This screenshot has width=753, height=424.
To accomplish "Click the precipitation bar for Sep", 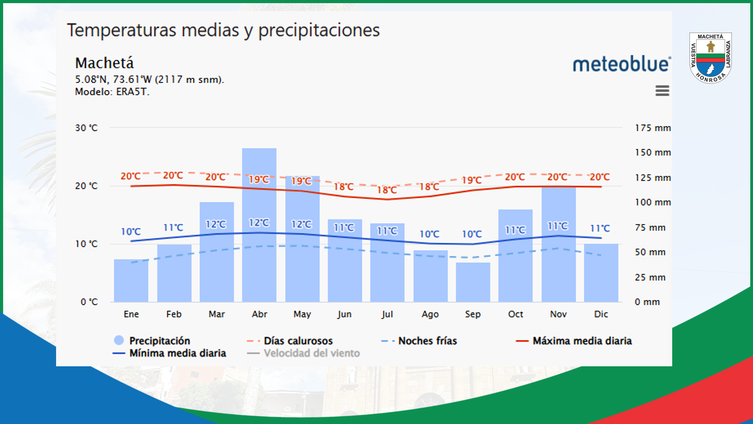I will [473, 283].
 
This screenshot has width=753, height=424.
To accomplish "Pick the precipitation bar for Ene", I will [131, 281].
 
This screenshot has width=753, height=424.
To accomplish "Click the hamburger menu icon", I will [662, 91].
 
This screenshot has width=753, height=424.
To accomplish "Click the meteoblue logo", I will [622, 64].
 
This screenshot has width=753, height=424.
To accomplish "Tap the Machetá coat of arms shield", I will [710, 58].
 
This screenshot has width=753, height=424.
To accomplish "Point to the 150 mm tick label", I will [653, 152].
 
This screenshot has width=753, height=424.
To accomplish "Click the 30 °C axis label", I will [86, 128].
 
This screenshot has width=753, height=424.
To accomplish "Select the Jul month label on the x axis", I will [387, 314].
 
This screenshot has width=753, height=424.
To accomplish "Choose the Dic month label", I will [601, 314].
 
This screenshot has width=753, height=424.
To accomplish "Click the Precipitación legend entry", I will [159, 340].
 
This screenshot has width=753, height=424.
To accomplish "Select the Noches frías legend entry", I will [427, 341].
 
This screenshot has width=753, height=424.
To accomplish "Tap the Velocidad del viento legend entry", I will [311, 353].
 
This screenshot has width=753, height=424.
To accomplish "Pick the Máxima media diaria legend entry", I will [582, 341].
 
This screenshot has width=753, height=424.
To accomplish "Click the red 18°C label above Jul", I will [387, 190].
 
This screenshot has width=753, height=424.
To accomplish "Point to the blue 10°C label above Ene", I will [131, 232].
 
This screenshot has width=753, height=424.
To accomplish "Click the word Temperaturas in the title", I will [122, 30].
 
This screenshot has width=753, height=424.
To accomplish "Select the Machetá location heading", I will [104, 63].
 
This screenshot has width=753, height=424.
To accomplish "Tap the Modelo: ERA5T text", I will [112, 92].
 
